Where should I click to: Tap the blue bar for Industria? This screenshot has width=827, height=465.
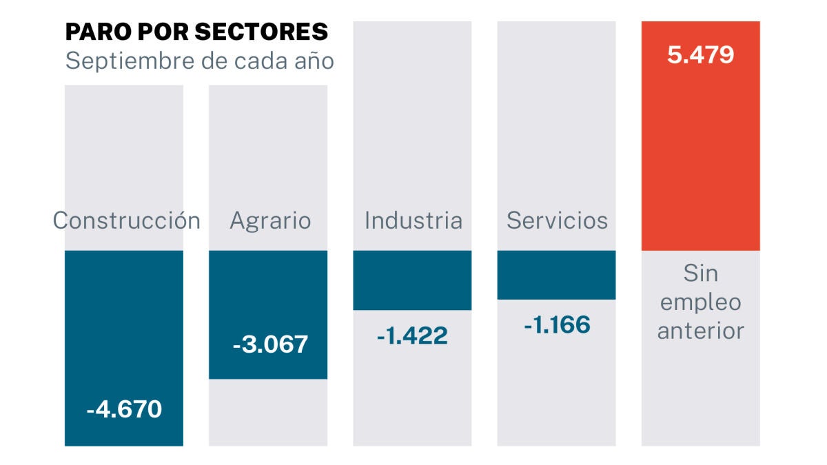tap(412, 280)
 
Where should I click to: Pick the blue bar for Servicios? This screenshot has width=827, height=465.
tap(556, 274)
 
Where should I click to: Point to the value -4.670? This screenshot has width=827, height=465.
tap(124, 409)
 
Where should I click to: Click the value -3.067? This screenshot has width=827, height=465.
tap(270, 344)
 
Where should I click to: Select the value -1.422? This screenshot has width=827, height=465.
tap(412, 335)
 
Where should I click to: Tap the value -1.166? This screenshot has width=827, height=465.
tap(557, 324)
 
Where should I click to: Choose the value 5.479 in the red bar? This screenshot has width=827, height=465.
tap(700, 55)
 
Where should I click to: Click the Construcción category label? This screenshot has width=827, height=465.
tap(127, 220)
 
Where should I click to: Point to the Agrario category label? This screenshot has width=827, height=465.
tap(270, 221)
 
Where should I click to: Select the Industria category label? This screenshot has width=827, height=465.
tap(413, 220)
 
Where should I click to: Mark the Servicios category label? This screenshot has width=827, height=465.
tap(557, 220)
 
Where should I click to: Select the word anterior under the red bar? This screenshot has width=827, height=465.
tap(700, 331)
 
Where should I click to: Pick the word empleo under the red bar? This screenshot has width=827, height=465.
tap(700, 302)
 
